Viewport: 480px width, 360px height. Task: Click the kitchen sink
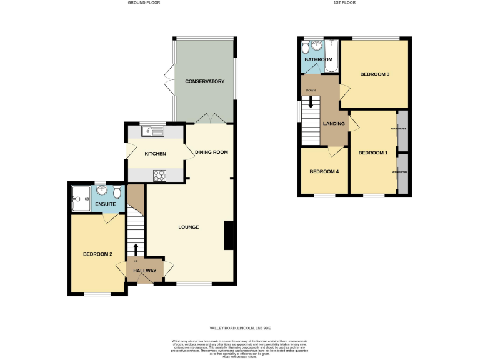point(152,131)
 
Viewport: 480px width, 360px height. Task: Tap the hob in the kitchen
point(159,176)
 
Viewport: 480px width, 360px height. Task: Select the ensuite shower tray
point(81,196)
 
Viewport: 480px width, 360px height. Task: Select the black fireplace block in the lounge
point(229,236)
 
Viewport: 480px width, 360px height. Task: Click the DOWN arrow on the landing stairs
point(311,101)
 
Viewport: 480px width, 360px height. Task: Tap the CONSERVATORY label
point(204,81)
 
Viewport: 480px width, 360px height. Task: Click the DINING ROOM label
point(211,152)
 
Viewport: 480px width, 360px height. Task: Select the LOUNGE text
point(188,227)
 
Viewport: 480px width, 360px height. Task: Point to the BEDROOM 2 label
point(97,254)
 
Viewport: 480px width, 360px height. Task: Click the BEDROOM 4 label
point(324,171)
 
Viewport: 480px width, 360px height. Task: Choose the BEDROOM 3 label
point(375,74)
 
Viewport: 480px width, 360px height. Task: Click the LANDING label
point(333,123)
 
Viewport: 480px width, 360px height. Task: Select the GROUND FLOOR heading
point(144,2)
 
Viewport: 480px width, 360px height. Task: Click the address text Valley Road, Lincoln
point(240,327)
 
